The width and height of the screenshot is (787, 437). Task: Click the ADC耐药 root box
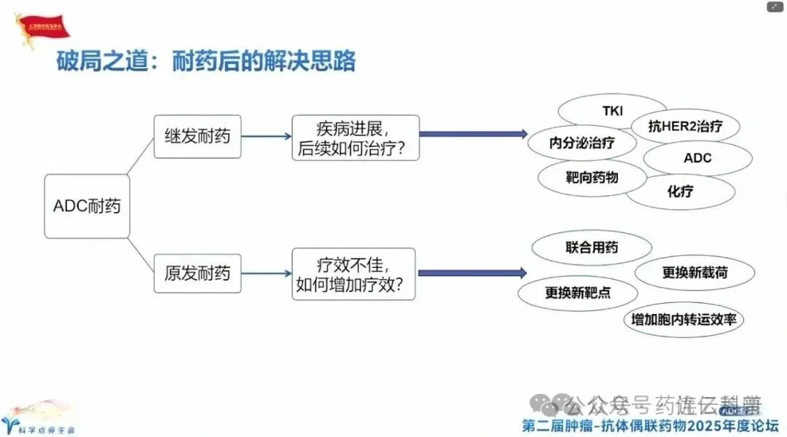pos(87,206)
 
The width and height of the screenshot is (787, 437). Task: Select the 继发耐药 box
pos(197,135)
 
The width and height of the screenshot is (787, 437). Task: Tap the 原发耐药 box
pos(197,273)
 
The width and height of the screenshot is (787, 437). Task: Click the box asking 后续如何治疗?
pos(355,138)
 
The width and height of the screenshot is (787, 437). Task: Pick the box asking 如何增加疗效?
pos(353,273)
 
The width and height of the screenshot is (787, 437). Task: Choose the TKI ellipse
pos(612,111)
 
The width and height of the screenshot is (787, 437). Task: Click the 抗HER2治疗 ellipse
pos(685,126)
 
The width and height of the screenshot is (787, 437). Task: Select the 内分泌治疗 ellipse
pos(582,143)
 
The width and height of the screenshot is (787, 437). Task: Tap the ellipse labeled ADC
pos(697,158)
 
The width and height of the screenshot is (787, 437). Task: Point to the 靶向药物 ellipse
pos(592,176)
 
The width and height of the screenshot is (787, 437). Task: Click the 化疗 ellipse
pos(680,192)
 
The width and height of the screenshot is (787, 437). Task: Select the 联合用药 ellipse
pos(591,248)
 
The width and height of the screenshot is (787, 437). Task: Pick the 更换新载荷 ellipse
pos(694,273)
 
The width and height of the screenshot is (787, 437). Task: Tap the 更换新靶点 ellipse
pos(577,293)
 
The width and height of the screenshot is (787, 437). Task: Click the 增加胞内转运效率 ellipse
pos(684,319)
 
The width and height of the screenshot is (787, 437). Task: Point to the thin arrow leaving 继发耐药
pos(266,135)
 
